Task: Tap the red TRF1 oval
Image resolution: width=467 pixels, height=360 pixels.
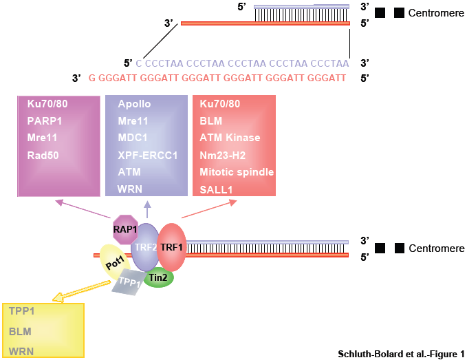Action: click(172, 246)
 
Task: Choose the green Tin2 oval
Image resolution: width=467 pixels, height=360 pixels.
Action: click(159, 277)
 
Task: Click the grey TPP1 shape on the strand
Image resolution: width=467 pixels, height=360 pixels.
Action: click(127, 283)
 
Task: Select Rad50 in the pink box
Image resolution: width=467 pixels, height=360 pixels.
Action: click(43, 155)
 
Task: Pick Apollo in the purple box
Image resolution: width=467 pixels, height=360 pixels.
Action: click(134, 104)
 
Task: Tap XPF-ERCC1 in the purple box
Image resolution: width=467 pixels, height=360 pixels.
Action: click(147, 155)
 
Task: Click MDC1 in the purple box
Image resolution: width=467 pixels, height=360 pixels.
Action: click(133, 138)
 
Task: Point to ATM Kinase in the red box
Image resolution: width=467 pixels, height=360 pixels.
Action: click(230, 138)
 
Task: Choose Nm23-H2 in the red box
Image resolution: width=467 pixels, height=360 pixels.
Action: click(222, 155)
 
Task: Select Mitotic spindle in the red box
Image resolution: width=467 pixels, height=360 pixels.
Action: click(237, 171)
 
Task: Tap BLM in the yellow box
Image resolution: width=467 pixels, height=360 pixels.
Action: click(20, 331)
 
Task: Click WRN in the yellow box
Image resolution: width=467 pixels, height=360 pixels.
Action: click(21, 351)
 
